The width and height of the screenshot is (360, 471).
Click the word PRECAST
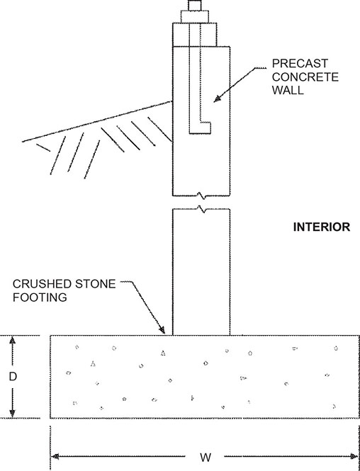coord(300,64)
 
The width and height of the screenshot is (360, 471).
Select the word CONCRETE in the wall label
coord(305,77)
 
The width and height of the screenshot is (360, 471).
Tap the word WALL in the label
coord(288,90)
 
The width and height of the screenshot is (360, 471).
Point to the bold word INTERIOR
coord(322,227)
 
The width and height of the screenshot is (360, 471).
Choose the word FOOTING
coord(40,297)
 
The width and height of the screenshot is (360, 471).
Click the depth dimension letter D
coord(12,376)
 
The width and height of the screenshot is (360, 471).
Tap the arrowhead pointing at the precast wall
coord(218,99)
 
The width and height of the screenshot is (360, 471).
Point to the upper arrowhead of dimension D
coord(12,340)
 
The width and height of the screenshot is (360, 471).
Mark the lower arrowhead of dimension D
coord(12,414)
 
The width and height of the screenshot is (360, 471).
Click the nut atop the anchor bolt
coord(194,16)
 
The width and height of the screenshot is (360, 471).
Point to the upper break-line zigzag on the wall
coord(201,196)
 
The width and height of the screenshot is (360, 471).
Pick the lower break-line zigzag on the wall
coord(201,210)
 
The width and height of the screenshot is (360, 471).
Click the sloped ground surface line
coord(97,121)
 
